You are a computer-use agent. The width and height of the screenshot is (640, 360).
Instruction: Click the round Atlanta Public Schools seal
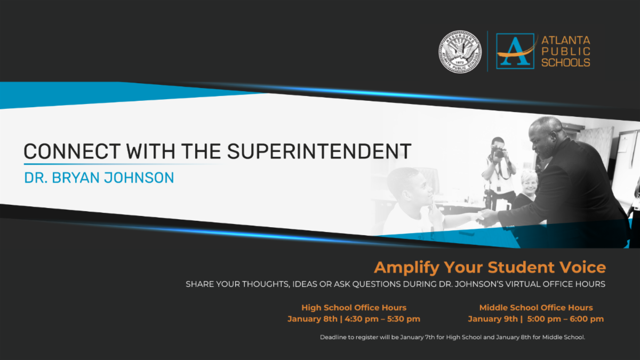click(460, 52)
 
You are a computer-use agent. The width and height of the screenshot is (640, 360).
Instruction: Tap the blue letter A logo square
click(515, 51)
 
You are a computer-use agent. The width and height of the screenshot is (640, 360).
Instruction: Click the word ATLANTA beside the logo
click(566, 41)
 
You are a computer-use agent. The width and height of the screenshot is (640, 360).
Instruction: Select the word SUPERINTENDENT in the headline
click(319, 151)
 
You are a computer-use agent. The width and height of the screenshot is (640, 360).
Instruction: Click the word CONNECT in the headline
click(72, 151)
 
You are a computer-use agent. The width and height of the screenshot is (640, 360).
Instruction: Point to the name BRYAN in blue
click(75, 178)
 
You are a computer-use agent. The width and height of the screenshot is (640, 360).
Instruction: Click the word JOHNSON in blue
click(139, 178)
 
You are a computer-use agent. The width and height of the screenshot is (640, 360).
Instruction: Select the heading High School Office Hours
click(354, 308)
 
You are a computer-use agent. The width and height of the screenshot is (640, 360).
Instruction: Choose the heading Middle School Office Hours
click(536, 308)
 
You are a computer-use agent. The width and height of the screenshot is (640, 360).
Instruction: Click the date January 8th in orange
click(313, 319)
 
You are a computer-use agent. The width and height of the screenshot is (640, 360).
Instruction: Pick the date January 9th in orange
click(493, 319)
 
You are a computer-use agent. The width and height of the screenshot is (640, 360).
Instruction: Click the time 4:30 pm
click(362, 319)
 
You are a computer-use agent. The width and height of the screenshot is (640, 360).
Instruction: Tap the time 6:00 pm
click(587, 319)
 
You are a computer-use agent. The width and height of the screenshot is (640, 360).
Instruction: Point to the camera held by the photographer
click(499, 151)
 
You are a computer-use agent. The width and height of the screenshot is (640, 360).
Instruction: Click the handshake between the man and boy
click(486, 218)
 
